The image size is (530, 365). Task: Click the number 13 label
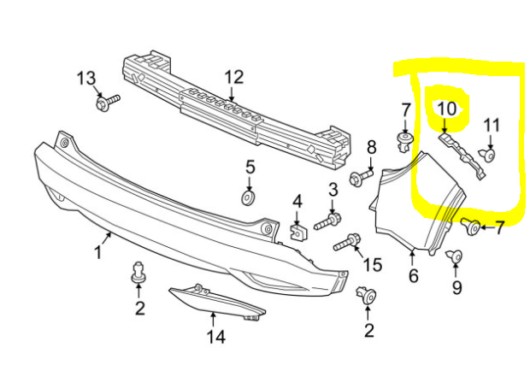point(86,79)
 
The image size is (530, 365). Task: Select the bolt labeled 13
point(107,103)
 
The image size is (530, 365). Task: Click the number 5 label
point(250,166)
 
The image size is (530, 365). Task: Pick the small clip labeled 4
point(297,230)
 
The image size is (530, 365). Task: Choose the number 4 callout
point(297,202)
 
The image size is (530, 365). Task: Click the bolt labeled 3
point(328,222)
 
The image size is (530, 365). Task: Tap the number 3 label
point(333,188)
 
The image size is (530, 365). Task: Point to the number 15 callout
point(373,264)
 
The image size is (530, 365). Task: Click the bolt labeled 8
point(361,178)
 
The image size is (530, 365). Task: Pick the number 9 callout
point(456,288)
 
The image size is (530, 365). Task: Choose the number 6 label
point(413,276)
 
